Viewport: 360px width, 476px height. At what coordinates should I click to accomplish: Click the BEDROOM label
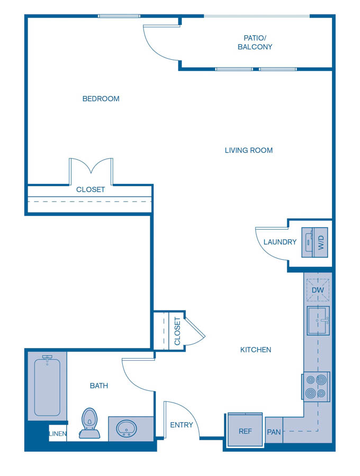(101, 99)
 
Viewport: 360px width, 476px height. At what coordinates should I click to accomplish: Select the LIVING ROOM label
(248, 150)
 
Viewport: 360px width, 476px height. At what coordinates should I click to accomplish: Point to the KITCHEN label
(256, 350)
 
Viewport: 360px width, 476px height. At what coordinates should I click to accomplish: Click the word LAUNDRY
(280, 242)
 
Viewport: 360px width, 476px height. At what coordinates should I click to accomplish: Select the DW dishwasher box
(318, 290)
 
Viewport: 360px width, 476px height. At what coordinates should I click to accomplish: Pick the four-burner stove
(316, 386)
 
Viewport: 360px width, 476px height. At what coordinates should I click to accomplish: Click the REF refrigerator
(245, 431)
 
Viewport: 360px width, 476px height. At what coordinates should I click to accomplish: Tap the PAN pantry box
(274, 432)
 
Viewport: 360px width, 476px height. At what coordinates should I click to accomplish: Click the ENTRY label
(181, 425)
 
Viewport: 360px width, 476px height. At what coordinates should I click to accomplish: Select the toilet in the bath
(90, 423)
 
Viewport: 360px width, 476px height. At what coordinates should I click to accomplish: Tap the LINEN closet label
(58, 434)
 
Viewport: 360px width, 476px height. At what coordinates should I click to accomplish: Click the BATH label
(98, 386)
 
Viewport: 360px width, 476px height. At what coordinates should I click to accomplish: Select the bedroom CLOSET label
(91, 189)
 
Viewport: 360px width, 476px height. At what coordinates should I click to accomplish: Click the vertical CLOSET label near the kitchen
(177, 331)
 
